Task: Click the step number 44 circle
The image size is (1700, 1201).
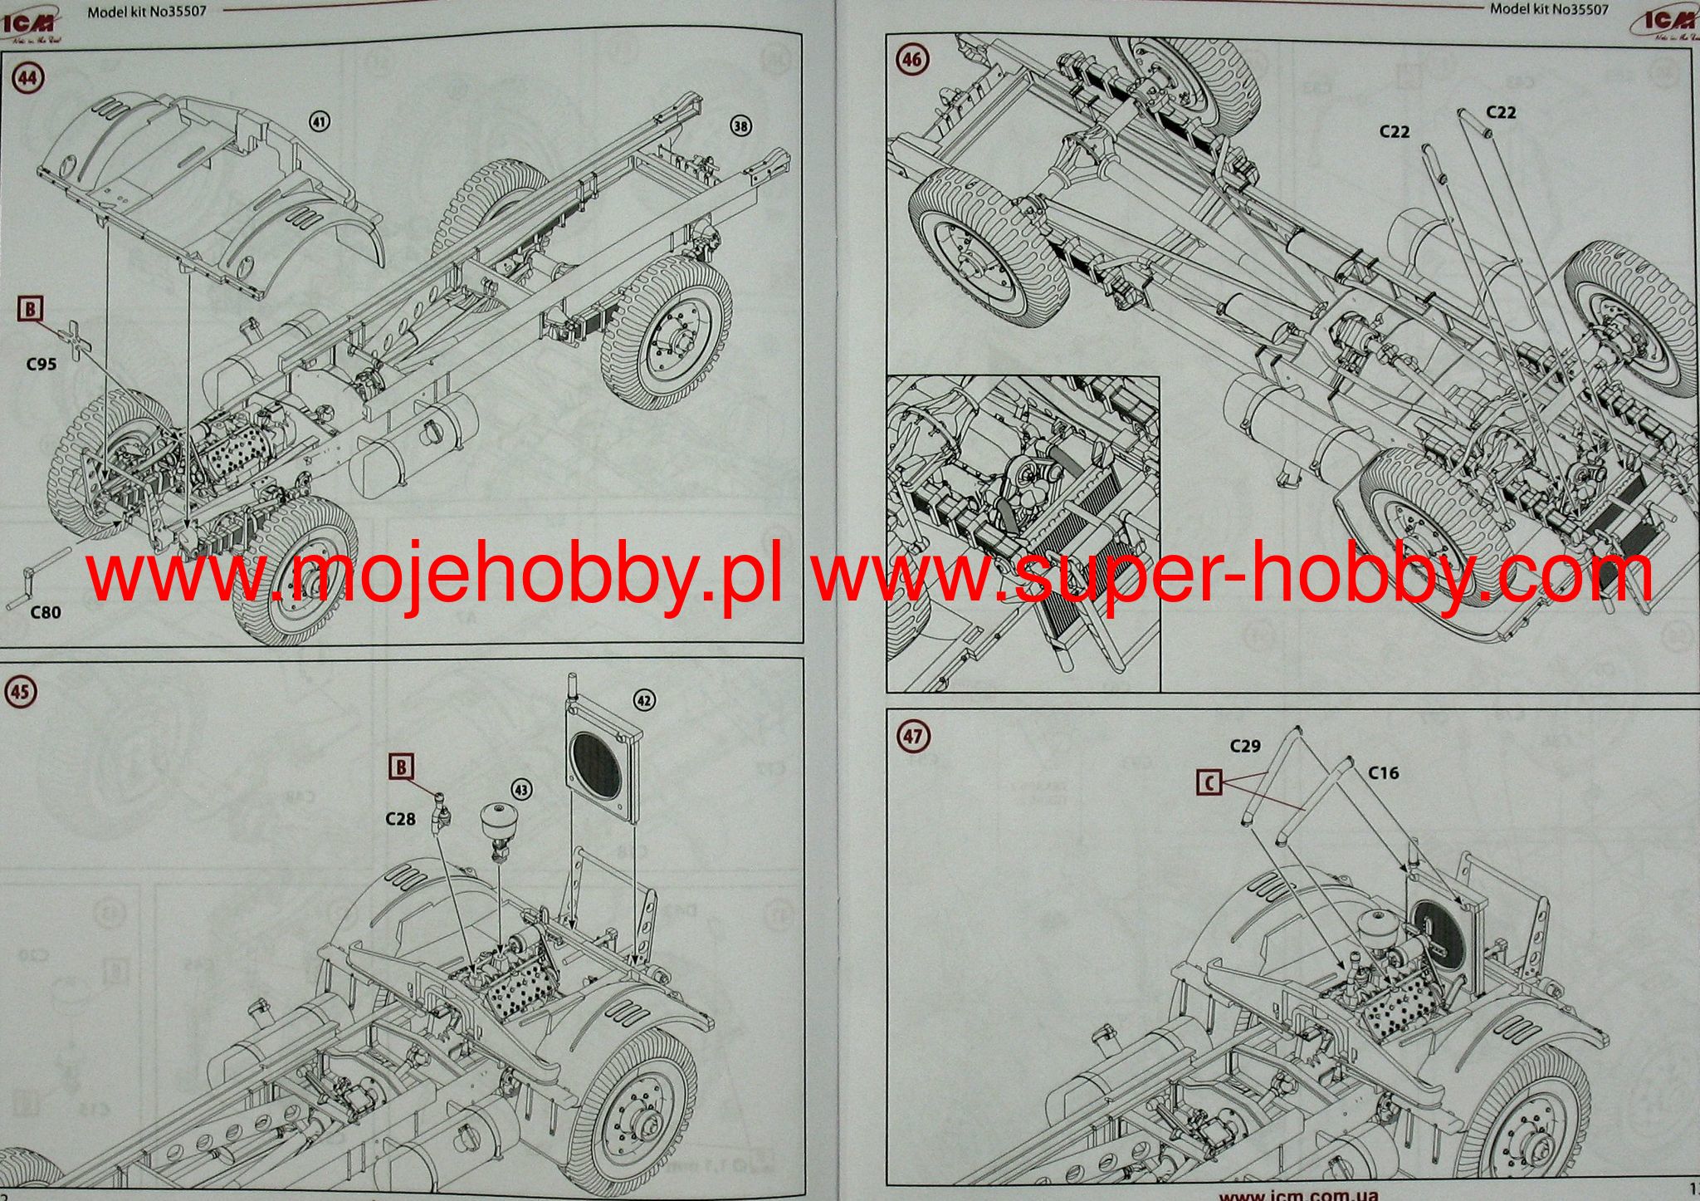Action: pos(27,78)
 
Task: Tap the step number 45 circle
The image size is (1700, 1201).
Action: pos(21,693)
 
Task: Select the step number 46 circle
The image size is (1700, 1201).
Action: pos(912,60)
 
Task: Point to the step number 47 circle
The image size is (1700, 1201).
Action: pos(913,736)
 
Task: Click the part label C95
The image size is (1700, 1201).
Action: pos(41,364)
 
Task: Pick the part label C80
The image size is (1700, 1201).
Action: pos(45,612)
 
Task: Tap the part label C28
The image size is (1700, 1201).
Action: pos(400,819)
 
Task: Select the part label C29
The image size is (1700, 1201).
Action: pos(1245,746)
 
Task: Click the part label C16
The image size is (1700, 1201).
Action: pos(1384,773)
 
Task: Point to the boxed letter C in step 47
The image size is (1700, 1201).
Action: pos(1210,782)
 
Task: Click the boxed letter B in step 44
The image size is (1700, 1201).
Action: pos(30,310)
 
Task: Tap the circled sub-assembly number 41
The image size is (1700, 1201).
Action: pos(320,122)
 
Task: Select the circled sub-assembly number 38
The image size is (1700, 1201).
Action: pos(740,125)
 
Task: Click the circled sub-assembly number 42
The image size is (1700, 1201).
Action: pos(643,701)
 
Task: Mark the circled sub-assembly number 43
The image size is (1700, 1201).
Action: pos(522,787)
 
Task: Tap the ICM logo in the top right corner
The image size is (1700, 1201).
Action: pos(1663,22)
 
